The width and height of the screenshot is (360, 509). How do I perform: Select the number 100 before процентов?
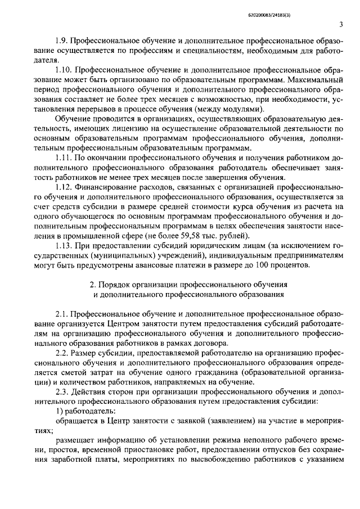264,266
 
